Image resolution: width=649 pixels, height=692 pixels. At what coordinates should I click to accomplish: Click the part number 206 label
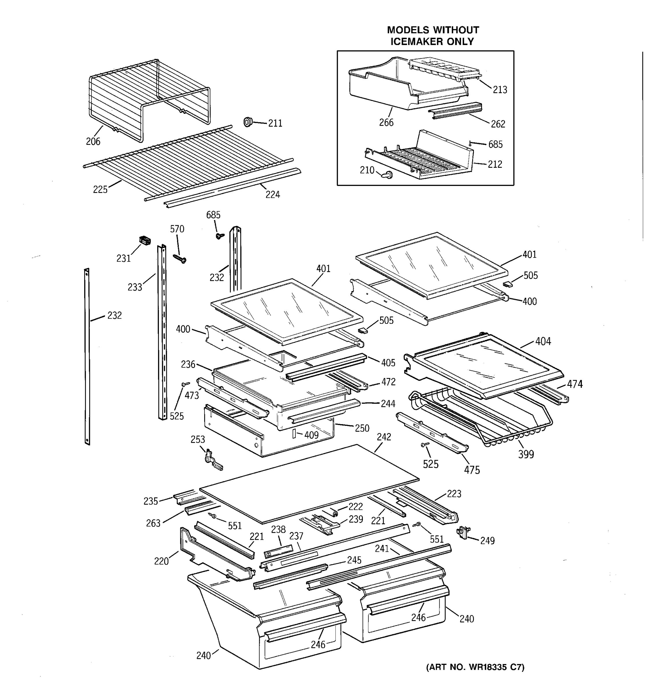coord(93,141)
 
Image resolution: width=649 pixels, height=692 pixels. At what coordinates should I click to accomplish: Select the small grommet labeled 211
coord(248,122)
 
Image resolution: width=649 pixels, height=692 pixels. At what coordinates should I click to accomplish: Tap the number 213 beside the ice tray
coord(500,90)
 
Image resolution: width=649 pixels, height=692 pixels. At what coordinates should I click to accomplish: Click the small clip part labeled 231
coord(145,240)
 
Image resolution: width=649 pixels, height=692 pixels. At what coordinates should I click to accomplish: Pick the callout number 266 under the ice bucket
coord(386,123)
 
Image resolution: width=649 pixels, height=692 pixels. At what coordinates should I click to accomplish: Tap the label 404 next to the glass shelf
coord(543,341)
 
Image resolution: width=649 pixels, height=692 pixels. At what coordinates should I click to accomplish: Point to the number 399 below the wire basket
coord(526,454)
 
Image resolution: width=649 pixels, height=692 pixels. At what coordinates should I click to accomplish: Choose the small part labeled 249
coord(463,532)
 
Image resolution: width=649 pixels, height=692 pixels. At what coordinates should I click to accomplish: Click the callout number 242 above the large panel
coord(384,437)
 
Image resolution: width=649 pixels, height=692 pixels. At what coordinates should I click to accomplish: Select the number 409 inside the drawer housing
coord(311,435)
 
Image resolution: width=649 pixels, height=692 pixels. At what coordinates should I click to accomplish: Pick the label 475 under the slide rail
coord(472,470)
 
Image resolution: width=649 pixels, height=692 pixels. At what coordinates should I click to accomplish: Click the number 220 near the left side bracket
coord(161,561)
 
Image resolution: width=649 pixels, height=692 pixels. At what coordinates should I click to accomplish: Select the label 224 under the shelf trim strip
coord(273,195)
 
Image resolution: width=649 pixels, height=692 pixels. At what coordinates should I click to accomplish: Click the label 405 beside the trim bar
coord(388,363)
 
